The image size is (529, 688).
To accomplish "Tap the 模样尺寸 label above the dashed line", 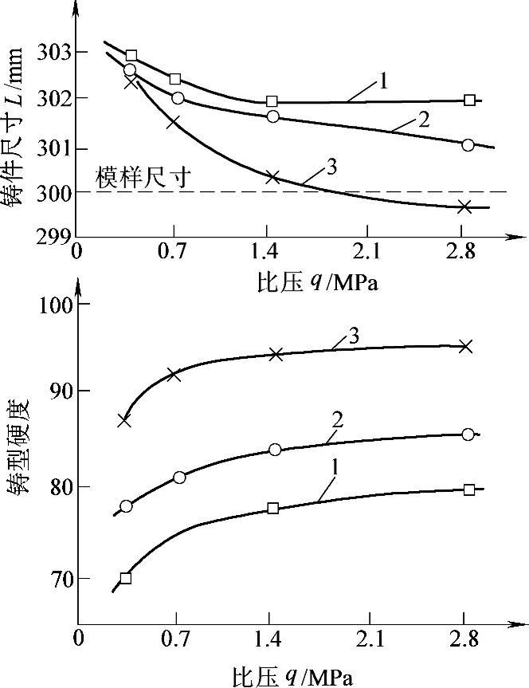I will coord(143,177).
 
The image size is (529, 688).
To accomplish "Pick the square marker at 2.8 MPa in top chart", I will coord(470,100).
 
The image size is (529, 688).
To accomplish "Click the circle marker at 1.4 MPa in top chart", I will coord(273,116).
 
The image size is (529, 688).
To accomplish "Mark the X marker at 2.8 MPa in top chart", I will coord(464,206).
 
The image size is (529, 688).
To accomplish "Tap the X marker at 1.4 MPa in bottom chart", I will coord(276,354).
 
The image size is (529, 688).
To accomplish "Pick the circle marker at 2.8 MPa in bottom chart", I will coord(468,434).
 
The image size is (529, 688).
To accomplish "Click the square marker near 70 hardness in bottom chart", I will coord(125,578).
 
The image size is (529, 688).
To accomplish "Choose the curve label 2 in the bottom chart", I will coord(337,419).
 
